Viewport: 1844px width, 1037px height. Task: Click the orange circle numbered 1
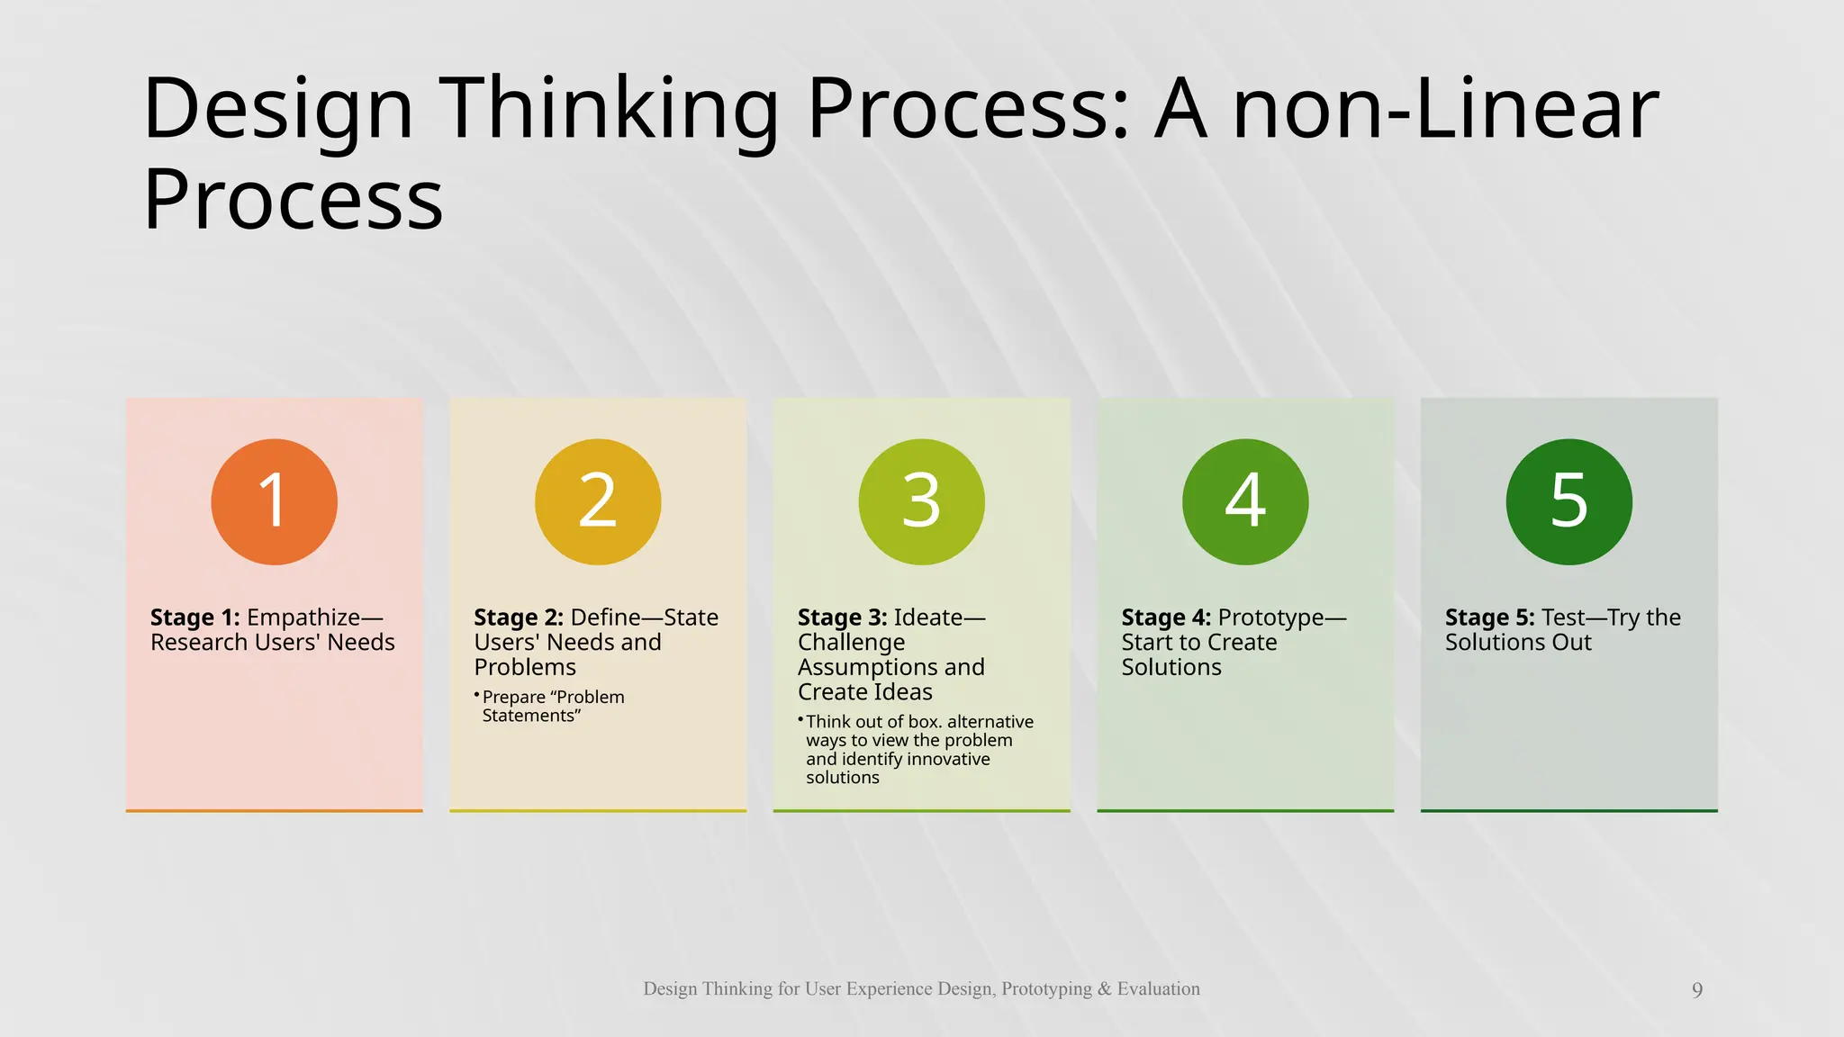274,501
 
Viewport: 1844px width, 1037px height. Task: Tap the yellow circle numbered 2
598,501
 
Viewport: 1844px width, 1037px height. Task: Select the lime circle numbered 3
921,501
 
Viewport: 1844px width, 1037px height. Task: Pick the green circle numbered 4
1245,501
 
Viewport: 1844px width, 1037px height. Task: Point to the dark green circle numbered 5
1568,501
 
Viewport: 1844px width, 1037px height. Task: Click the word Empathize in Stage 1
303,618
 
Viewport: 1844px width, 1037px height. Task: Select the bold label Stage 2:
519,618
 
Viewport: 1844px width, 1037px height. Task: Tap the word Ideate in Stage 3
928,618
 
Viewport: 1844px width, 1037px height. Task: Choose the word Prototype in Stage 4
1270,618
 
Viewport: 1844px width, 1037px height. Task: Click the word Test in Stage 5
1562,618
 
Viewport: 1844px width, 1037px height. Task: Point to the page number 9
1697,990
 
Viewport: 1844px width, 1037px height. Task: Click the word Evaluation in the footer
1158,988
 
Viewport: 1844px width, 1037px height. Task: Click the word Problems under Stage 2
525,667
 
